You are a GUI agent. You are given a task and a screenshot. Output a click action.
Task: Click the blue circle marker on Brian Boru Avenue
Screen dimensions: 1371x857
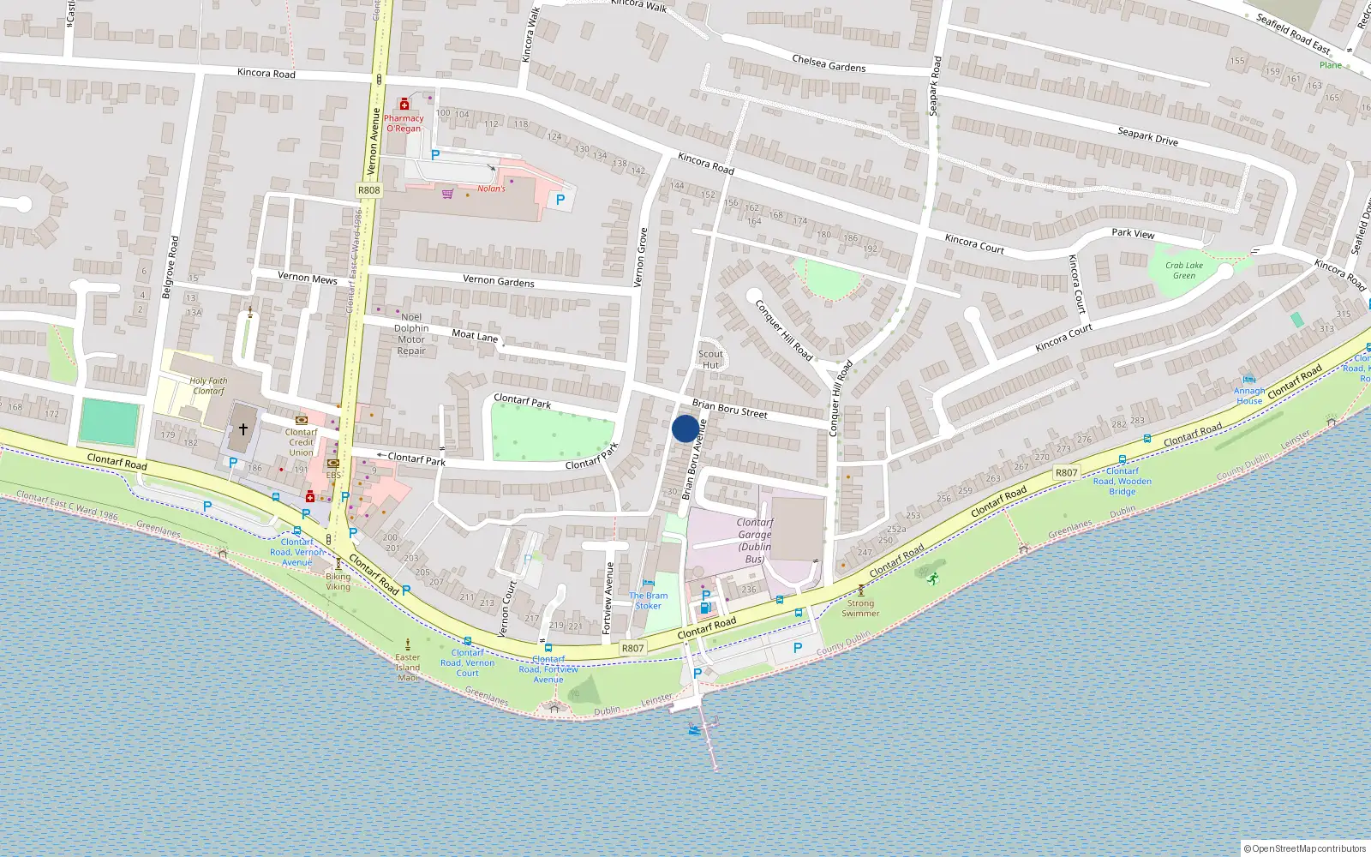(685, 428)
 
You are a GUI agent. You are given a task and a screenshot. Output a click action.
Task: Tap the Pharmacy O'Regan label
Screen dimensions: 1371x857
(404, 123)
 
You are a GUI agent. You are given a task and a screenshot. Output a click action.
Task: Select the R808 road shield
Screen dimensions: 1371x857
(368, 190)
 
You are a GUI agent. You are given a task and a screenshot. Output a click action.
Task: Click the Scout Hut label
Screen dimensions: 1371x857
(710, 359)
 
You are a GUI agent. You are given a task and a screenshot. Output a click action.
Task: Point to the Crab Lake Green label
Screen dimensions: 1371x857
(1184, 271)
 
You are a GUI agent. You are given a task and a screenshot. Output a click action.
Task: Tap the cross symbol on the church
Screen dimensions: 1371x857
(243, 428)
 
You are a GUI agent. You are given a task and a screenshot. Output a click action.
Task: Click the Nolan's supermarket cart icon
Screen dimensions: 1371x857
(447, 194)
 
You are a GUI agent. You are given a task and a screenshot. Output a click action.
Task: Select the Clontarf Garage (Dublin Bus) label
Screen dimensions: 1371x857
(754, 540)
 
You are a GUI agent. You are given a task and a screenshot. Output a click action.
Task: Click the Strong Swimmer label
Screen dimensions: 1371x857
(860, 608)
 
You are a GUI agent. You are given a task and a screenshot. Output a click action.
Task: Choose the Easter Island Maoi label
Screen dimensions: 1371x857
(408, 668)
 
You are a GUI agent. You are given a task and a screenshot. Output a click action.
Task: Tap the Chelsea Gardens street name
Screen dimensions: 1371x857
(829, 63)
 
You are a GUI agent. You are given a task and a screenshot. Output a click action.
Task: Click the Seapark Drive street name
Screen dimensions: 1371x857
(1147, 136)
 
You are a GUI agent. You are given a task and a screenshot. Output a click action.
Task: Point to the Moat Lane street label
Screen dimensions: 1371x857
(475, 336)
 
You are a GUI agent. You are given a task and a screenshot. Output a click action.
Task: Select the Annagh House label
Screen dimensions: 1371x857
(1249, 396)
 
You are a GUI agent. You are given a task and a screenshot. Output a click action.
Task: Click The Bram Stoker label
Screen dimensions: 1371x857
(649, 601)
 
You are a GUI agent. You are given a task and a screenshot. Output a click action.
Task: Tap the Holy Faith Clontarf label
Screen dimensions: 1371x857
(209, 386)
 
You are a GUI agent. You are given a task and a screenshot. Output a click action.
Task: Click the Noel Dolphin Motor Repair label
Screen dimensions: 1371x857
(411, 333)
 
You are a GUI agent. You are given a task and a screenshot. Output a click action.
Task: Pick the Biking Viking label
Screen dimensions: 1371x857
(338, 581)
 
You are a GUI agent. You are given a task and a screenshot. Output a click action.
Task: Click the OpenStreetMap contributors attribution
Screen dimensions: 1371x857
(1305, 848)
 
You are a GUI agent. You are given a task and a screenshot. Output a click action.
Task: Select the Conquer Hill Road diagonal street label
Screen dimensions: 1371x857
(783, 329)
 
